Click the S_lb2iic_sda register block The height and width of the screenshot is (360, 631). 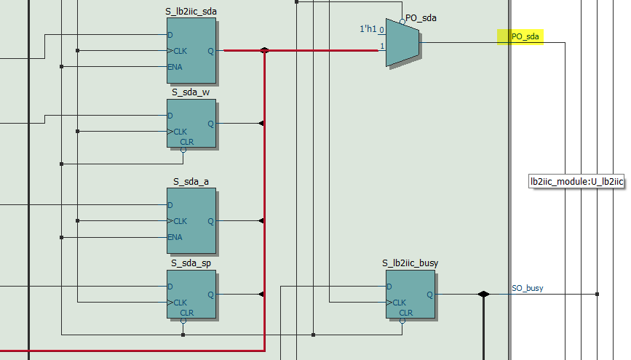pyautogui.click(x=191, y=50)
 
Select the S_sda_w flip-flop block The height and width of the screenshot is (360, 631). pyautogui.click(x=191, y=124)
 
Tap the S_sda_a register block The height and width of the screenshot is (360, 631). pyautogui.click(x=191, y=218)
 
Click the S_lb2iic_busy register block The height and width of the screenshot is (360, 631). pyautogui.click(x=410, y=294)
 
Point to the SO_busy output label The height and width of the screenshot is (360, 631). pyautogui.click(x=527, y=289)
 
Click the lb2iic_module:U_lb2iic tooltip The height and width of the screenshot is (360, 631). pyautogui.click(x=576, y=181)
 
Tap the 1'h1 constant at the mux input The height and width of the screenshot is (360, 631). pyautogui.click(x=369, y=28)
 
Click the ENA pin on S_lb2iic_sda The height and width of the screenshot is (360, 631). pyautogui.click(x=175, y=67)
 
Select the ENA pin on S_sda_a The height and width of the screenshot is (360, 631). pyautogui.click(x=175, y=237)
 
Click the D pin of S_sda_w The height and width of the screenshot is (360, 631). pyautogui.click(x=170, y=116)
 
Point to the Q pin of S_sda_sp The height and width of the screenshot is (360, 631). pyautogui.click(x=211, y=295)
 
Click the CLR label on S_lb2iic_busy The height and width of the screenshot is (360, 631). pyautogui.click(x=405, y=313)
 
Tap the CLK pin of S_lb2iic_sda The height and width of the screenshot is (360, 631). pyautogui.click(x=178, y=51)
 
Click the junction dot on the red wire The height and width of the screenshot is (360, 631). pyautogui.click(x=264, y=51)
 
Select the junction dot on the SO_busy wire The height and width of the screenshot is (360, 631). pyautogui.click(x=483, y=295)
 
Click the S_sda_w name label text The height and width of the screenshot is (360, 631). pyautogui.click(x=191, y=92)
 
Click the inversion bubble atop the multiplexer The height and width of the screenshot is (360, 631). pyautogui.click(x=402, y=22)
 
